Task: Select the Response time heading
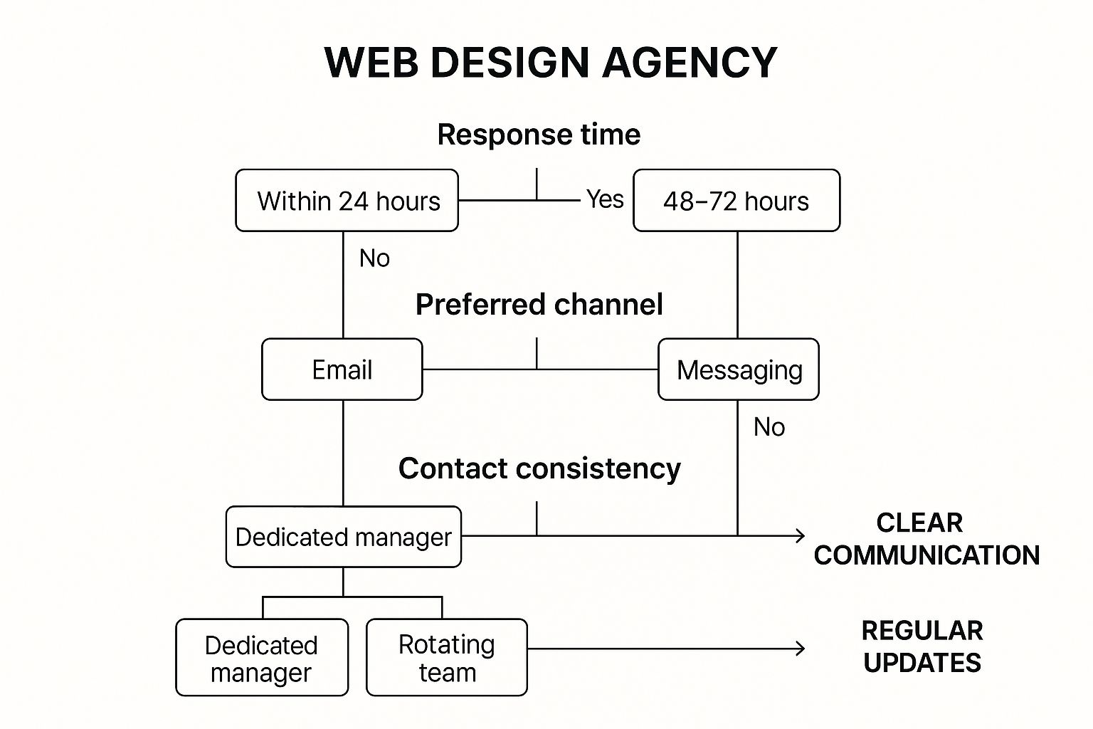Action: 539,135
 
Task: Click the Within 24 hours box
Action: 347,201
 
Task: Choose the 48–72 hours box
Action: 736,201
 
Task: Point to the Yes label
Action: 605,199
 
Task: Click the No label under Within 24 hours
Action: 374,258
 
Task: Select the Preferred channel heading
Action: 539,305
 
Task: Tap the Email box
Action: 342,369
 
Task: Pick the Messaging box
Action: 739,369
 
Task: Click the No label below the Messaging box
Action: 769,427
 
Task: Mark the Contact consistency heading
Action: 539,468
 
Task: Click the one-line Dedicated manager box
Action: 344,537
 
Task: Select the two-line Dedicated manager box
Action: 262,658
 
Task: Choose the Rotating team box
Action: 447,658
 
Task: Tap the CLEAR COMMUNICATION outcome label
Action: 925,539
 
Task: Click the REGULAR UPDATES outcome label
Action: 922,646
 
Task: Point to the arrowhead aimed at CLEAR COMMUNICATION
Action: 801,535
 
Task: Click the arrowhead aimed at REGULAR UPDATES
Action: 801,648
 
